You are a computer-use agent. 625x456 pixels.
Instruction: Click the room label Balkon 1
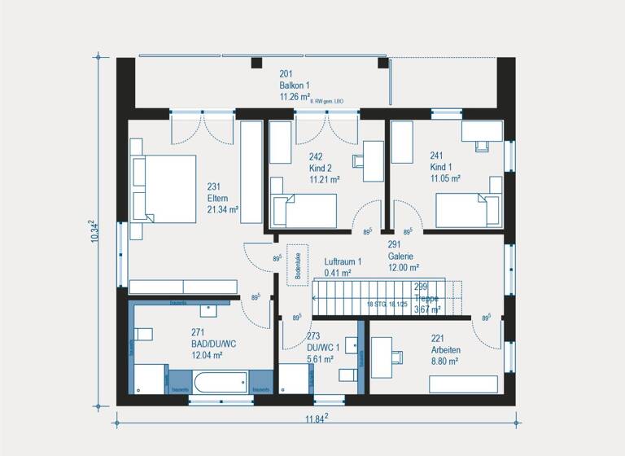(295, 85)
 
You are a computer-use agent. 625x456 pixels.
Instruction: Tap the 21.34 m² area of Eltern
(222, 209)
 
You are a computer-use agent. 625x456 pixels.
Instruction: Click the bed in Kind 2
(304, 211)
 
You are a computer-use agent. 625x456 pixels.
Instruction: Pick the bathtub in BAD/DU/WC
(221, 382)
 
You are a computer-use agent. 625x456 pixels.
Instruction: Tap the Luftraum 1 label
(343, 261)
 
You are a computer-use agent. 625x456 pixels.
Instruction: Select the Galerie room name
(401, 255)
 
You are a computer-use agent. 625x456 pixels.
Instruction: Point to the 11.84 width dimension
(316, 419)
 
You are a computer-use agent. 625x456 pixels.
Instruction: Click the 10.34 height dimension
(95, 231)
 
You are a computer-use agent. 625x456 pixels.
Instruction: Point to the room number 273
(313, 335)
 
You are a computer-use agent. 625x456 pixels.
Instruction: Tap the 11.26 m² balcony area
(295, 96)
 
